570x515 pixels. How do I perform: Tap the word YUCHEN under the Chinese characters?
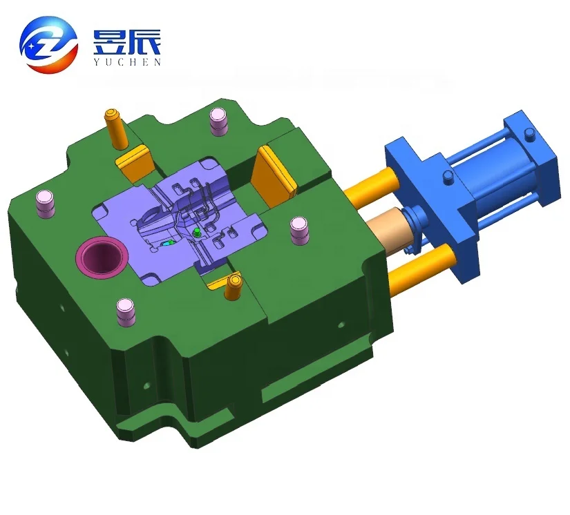click(x=126, y=62)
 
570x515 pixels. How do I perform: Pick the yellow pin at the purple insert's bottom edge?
click(x=233, y=289)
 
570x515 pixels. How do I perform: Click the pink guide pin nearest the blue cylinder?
click(x=298, y=231)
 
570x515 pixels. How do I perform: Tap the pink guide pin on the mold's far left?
click(x=46, y=203)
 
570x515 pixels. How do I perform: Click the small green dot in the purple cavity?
click(x=197, y=233)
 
